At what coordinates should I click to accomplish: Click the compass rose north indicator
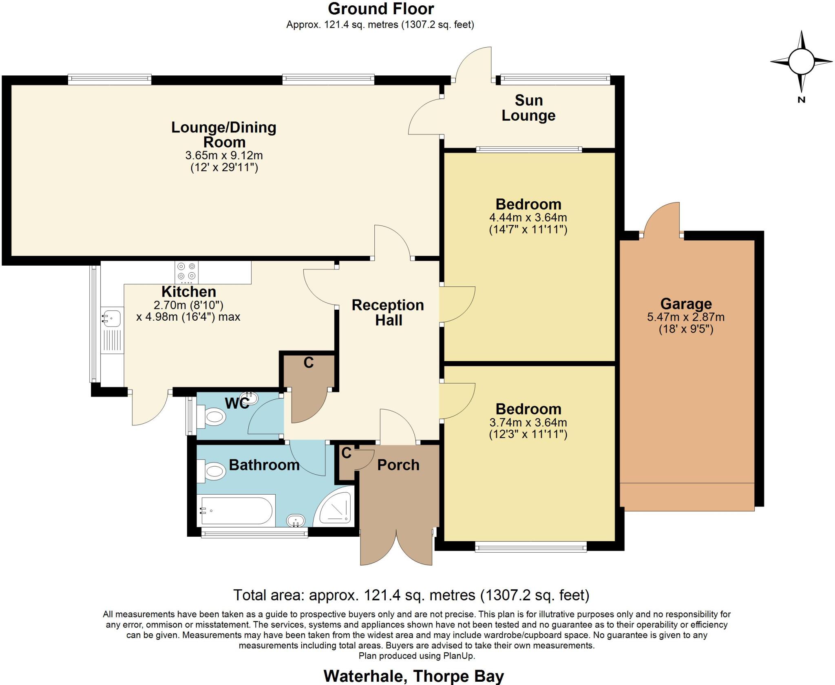coord(801,99)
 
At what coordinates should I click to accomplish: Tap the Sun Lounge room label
coord(528,108)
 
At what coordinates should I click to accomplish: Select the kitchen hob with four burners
coord(187,271)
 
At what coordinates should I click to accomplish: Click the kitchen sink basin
coord(111,317)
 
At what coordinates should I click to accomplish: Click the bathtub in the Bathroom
coord(235,510)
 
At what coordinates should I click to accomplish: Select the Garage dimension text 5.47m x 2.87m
coord(686,317)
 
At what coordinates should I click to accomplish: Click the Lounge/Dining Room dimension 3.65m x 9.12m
coord(224,155)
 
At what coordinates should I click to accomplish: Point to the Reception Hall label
coord(388,313)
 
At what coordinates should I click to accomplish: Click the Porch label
coord(398,465)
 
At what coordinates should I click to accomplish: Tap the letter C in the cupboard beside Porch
coord(346,453)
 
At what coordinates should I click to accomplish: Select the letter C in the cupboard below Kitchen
coord(309,363)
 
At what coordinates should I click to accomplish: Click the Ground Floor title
coord(381,9)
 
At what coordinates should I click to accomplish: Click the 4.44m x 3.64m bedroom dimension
coord(528,218)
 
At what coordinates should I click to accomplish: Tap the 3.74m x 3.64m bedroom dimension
coord(528,423)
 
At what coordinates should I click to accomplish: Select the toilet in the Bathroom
coord(212,472)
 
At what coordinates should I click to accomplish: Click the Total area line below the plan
coord(411,595)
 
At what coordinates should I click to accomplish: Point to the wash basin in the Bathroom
coord(296,520)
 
